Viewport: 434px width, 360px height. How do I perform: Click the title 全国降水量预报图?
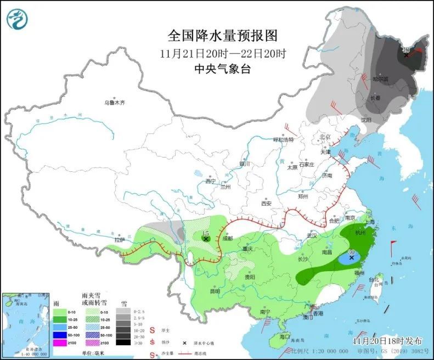[223, 36]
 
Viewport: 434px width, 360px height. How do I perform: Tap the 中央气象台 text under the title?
[223, 69]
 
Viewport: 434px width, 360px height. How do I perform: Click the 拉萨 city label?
[119, 240]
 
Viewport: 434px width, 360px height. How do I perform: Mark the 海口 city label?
[285, 336]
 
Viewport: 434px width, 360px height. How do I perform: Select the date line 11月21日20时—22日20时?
[223, 53]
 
